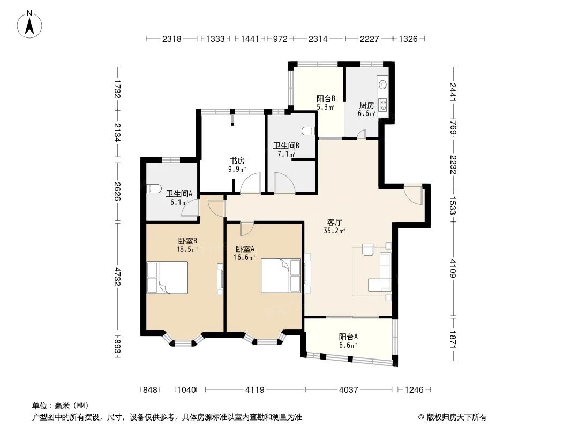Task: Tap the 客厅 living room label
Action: [x=335, y=221]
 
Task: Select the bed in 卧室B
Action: [x=167, y=277]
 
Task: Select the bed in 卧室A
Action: [x=281, y=275]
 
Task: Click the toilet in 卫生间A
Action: [x=153, y=188]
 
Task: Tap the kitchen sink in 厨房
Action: [x=383, y=84]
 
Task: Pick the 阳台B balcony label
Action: [x=325, y=98]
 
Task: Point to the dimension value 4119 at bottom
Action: [x=255, y=390]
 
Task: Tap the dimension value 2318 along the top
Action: [x=172, y=39]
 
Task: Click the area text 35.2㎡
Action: [x=334, y=231]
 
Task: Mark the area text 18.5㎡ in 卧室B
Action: [x=187, y=249]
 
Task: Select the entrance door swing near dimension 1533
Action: [x=414, y=193]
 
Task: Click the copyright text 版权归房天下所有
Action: [x=452, y=417]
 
